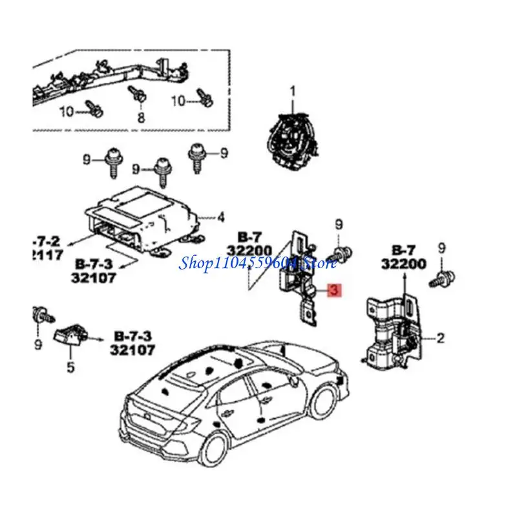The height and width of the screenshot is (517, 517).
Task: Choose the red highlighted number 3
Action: tap(333, 291)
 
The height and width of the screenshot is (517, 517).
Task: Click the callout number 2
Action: tap(440, 337)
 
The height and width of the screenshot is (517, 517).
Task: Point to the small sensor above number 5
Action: tap(71, 337)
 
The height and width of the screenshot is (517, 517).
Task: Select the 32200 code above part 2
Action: tap(403, 264)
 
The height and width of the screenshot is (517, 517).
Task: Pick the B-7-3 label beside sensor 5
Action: tap(133, 336)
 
